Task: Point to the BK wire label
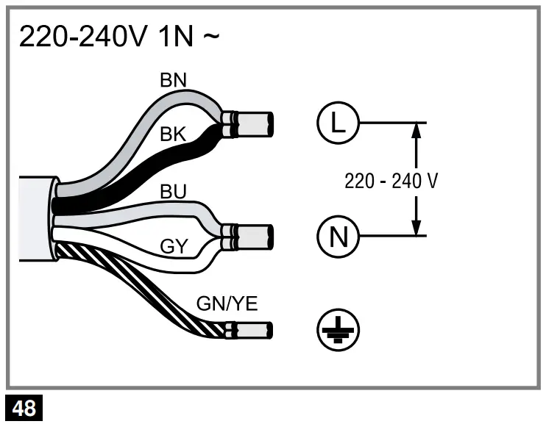(174, 134)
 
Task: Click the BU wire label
(174, 193)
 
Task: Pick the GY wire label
(174, 247)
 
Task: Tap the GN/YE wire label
(227, 303)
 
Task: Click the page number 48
(24, 409)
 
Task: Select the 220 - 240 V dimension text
(391, 181)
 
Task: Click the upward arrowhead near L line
(416, 131)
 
